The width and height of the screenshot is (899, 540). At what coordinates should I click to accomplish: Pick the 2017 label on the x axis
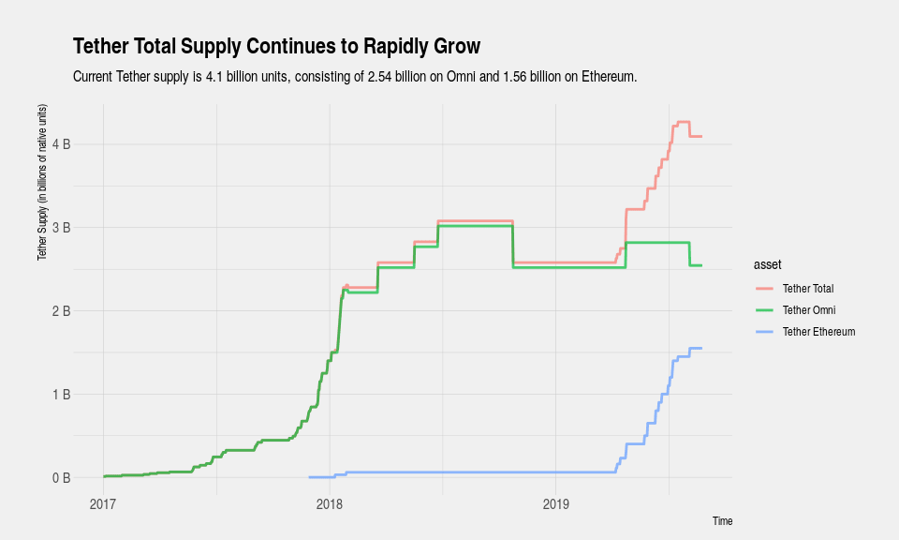[x=103, y=504]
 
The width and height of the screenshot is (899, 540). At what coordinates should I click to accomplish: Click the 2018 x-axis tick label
[x=330, y=504]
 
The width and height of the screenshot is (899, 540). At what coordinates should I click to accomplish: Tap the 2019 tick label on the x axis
[x=556, y=504]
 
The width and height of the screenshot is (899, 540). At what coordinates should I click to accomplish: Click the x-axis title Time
[x=722, y=521]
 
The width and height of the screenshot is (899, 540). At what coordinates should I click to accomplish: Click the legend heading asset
[x=768, y=264]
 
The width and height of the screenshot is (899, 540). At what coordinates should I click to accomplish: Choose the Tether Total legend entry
[x=807, y=288]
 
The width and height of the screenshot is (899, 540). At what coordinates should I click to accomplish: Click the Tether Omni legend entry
[x=808, y=309]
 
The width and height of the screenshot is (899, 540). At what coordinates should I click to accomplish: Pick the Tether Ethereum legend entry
[x=818, y=331]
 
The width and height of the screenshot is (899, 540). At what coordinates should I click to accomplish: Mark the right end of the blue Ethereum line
[x=701, y=349]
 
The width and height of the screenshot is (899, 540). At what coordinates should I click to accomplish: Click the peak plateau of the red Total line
[x=683, y=122]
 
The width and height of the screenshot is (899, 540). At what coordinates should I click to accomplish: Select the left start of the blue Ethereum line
[x=309, y=477]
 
